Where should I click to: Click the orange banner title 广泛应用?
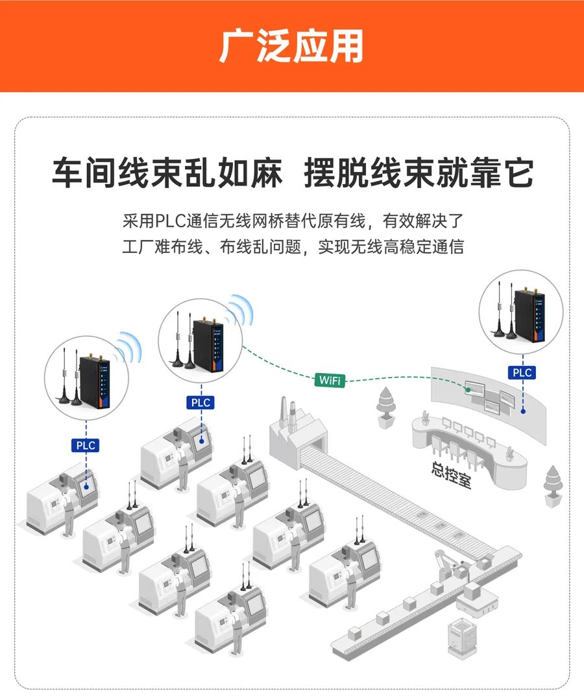291,46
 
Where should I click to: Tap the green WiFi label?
330,380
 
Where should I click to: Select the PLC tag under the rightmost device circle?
522,372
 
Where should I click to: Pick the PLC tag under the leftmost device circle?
85,445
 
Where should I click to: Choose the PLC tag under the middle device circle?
201,403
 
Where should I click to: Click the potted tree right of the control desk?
553,486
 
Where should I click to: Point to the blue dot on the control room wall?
523,411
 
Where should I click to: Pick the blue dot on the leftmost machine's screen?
86,486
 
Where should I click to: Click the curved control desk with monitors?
468,451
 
